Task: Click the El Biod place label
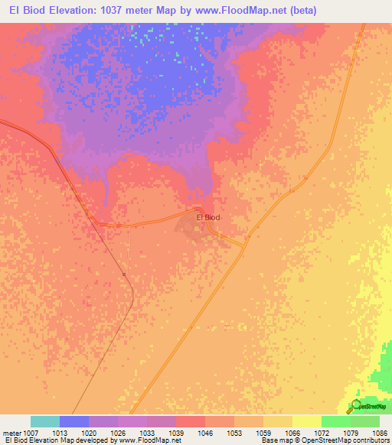click(x=208, y=218)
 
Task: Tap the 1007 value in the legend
click(x=31, y=432)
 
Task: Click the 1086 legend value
click(x=380, y=432)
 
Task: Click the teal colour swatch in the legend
click(x=45, y=421)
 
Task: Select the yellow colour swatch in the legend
click(x=307, y=421)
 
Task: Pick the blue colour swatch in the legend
click(x=74, y=421)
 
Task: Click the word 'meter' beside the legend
click(x=12, y=432)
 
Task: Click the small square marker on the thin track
click(x=124, y=274)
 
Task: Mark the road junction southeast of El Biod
click(x=244, y=245)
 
